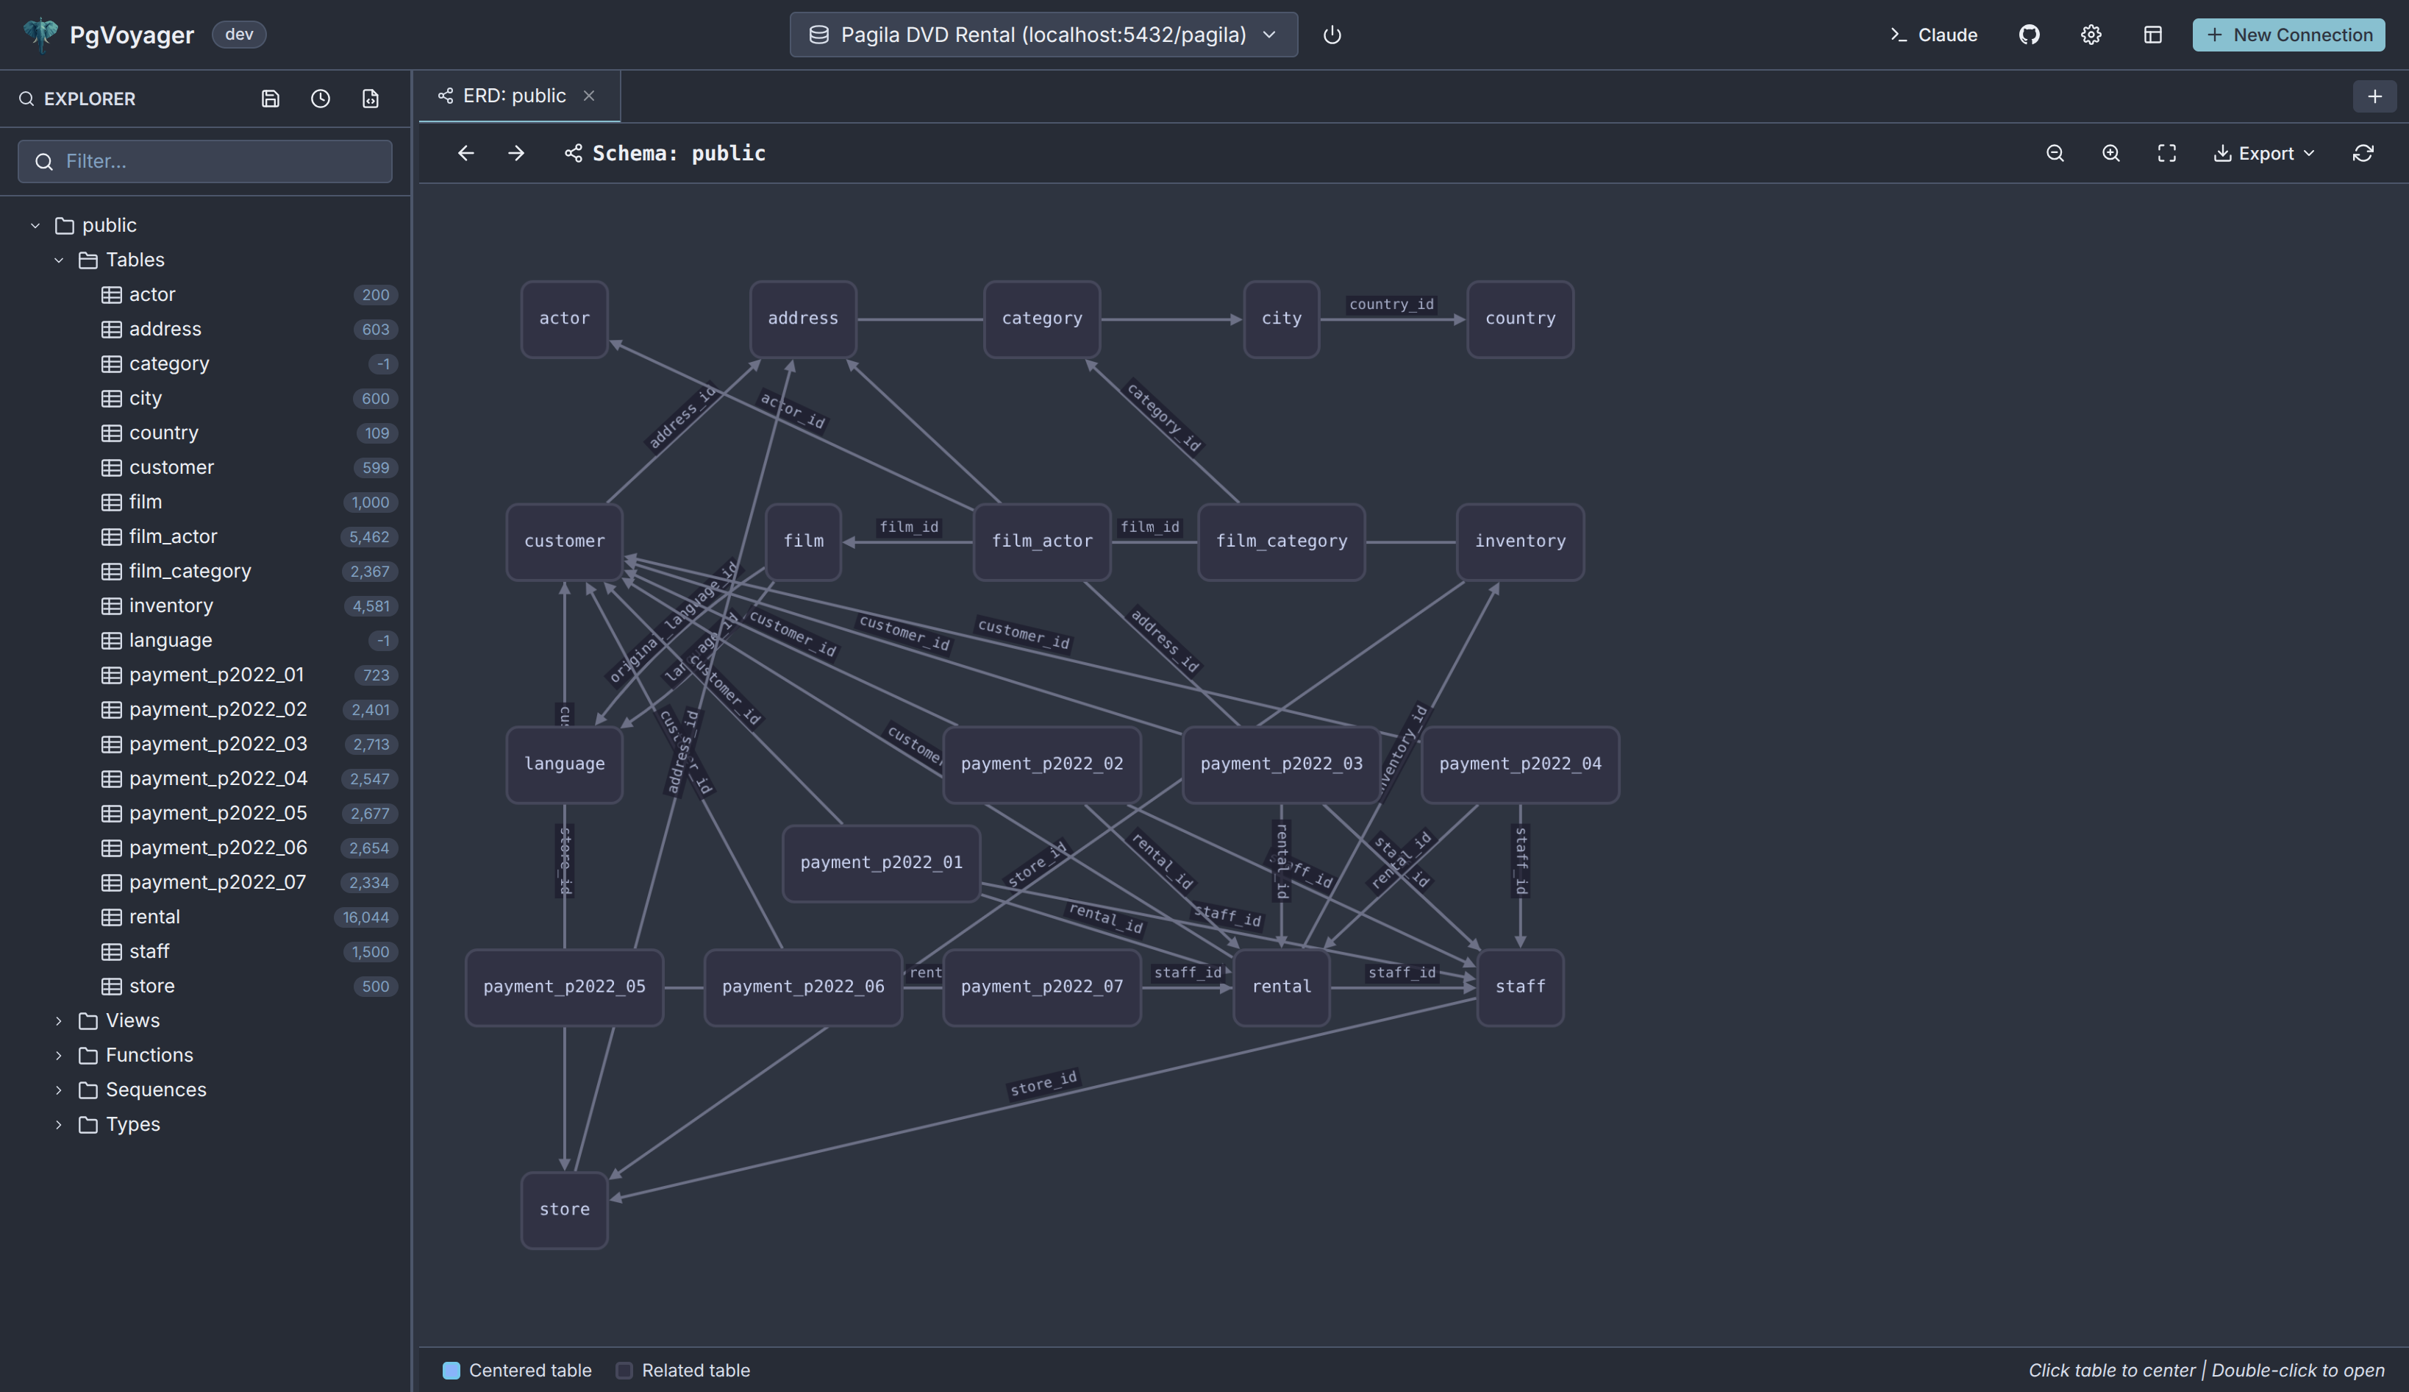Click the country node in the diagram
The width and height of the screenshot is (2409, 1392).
tap(1519, 319)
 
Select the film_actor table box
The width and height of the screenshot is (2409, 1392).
tap(1041, 541)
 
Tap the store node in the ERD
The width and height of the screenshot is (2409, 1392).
tap(564, 1210)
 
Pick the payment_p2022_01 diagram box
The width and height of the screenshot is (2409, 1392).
tap(880, 862)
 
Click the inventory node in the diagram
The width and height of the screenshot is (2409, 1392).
tap(1519, 541)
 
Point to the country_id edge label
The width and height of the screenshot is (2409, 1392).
tap(1391, 304)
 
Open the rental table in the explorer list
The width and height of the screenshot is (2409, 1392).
tap(155, 917)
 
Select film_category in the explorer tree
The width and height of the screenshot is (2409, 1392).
tap(190, 571)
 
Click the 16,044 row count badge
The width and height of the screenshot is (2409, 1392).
tap(366, 917)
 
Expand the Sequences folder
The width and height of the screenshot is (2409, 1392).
tap(156, 1090)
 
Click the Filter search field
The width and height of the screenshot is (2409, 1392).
tap(205, 160)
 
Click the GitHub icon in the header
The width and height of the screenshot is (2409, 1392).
tap(2029, 35)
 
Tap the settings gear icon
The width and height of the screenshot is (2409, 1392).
tap(2091, 35)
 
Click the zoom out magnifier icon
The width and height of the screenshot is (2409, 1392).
tap(2055, 153)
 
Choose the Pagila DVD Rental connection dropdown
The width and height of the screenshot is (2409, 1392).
tap(1043, 35)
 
